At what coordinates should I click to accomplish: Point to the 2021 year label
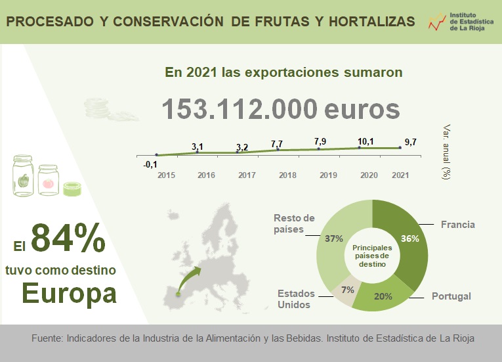(400, 175)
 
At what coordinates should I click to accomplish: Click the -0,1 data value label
(150, 164)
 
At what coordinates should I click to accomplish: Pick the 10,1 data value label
(366, 141)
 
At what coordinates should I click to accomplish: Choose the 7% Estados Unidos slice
(348, 290)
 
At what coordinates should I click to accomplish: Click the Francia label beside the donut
(457, 225)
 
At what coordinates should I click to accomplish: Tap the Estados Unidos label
(295, 299)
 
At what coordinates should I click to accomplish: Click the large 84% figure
(68, 238)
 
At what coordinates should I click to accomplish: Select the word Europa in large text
(70, 292)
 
